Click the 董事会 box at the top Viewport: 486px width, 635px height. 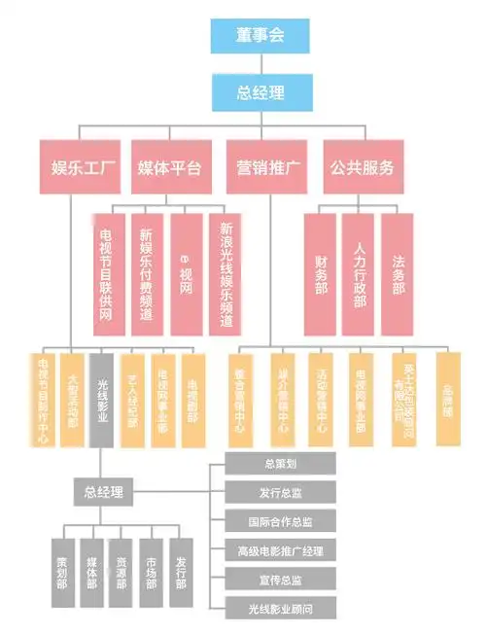pos(260,37)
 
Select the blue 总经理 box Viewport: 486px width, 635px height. pos(260,93)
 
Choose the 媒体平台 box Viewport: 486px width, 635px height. pos(170,166)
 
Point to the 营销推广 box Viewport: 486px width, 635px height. pos(267,166)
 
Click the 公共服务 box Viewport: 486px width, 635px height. pos(361,166)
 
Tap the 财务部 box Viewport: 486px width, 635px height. pos(320,273)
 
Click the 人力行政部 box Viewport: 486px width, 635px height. pos(359,273)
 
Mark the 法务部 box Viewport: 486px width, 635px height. pos(397,273)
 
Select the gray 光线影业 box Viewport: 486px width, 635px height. pos(102,399)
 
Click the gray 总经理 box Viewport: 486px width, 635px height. pos(102,492)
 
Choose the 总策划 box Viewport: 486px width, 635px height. pos(280,462)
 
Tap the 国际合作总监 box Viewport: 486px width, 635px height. pos(280,520)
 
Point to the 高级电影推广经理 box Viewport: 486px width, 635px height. pos(280,550)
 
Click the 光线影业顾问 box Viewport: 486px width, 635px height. pos(280,609)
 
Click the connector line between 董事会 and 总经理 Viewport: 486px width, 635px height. pos(260,65)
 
